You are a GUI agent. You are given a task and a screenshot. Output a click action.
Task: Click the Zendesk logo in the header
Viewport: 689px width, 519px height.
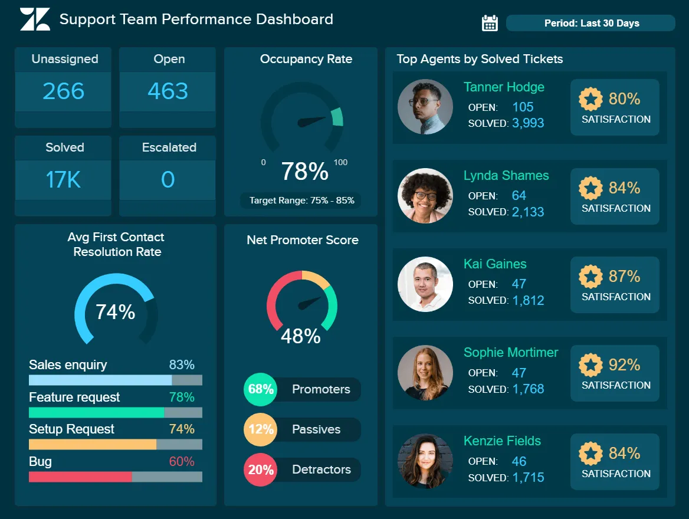[x=35, y=19]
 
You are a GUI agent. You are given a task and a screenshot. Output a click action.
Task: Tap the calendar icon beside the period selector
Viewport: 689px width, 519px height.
[x=490, y=23]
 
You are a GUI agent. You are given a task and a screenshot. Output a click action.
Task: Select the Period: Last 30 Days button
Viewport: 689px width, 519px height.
[x=590, y=24]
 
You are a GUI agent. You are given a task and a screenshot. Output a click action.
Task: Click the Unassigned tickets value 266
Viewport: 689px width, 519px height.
[x=63, y=91]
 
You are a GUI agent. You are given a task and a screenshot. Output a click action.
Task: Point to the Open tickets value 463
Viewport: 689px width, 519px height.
[x=168, y=91]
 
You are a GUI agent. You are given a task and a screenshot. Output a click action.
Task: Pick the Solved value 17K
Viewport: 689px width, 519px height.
[x=63, y=180]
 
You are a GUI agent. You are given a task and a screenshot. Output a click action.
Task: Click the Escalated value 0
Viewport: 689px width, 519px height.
[x=168, y=180]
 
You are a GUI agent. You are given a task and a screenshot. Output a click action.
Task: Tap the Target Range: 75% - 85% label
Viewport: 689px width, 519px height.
[x=301, y=201]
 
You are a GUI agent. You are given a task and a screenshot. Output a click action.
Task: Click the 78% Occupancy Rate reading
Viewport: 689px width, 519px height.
[x=304, y=172]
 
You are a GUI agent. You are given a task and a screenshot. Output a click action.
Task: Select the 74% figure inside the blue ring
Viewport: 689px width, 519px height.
[x=116, y=312]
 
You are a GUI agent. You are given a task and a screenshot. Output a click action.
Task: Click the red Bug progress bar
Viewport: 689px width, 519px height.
[x=80, y=477]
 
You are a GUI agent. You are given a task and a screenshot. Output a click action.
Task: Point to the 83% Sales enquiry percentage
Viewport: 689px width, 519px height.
[x=182, y=365]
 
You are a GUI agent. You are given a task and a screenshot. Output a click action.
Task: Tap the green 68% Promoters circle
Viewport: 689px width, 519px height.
[x=260, y=389]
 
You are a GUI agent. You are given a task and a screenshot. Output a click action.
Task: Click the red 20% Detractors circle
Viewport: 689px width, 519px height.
[x=260, y=470]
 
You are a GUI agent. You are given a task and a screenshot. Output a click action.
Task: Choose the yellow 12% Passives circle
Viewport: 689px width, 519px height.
[x=260, y=429]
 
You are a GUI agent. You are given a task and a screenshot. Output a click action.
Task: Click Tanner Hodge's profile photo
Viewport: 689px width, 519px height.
[x=425, y=107]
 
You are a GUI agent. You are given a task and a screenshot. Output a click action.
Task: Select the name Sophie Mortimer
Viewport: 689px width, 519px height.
[x=511, y=353]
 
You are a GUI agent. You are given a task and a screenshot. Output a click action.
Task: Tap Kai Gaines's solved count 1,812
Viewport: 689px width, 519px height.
[x=528, y=301]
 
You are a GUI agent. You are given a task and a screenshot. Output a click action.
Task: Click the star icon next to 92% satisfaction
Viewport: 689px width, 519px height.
[x=590, y=365]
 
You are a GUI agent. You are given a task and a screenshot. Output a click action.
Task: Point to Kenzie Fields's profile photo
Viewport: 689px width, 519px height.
[x=425, y=461]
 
